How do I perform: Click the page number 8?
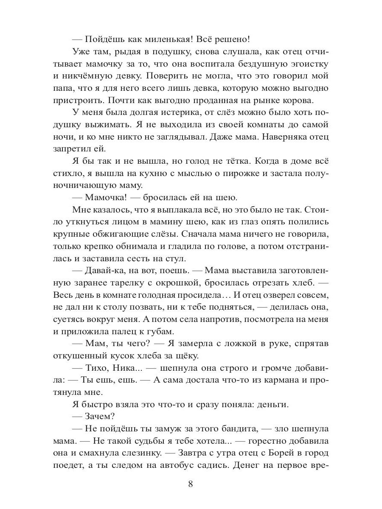coord(191,484)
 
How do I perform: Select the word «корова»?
coord(300,101)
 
